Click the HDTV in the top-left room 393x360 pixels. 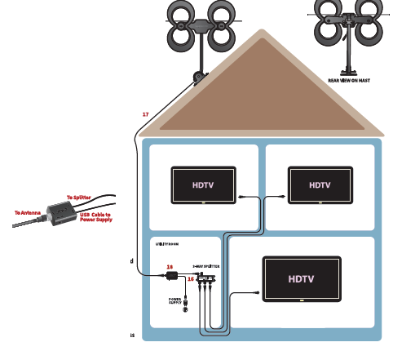coord(203,185)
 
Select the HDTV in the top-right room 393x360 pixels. coord(320,185)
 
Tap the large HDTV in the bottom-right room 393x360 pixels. coord(300,278)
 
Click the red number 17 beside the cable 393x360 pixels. coord(145,114)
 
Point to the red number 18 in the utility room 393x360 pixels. coord(170,267)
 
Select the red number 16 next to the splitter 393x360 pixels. coord(191,279)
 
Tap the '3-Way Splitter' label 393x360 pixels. coord(205,266)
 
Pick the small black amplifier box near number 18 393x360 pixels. coord(172,277)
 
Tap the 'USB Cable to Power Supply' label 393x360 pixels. coord(95,216)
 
